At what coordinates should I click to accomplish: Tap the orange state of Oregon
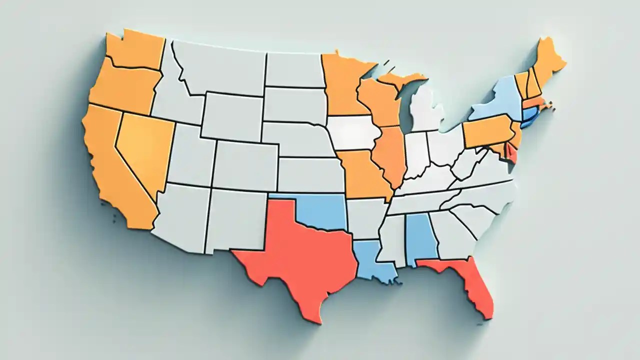pyautogui.click(x=125, y=90)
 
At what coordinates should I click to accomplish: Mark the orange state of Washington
pyautogui.click(x=135, y=50)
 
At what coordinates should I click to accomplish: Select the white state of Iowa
pyautogui.click(x=352, y=132)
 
